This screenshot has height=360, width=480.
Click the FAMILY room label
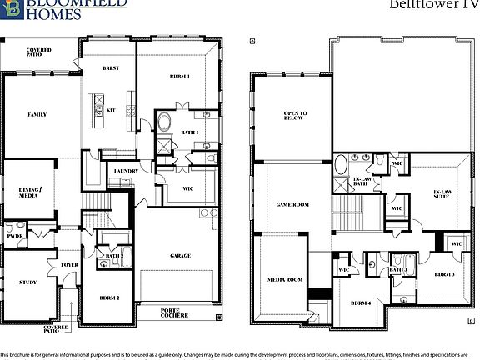click(37, 114)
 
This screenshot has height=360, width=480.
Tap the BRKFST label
click(112, 68)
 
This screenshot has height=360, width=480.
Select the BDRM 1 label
click(181, 77)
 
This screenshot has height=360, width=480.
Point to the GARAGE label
click(180, 255)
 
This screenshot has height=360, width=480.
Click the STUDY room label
click(28, 282)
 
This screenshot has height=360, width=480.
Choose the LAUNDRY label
click(125, 171)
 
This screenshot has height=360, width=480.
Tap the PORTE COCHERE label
click(175, 313)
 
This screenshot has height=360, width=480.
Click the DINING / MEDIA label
click(30, 193)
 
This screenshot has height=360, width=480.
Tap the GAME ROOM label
click(292, 204)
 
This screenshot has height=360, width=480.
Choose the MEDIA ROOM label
click(285, 280)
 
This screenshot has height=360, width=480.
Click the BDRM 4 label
click(360, 303)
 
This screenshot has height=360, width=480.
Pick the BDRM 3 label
click(443, 274)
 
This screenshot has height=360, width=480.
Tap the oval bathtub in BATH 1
click(163, 124)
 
